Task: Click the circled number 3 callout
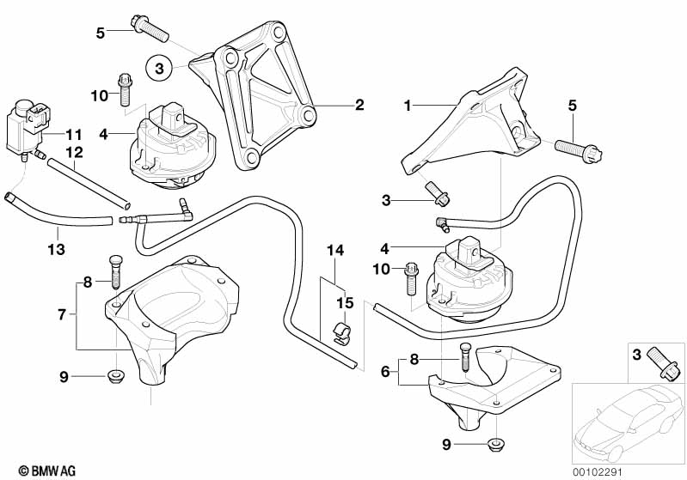[x=158, y=66]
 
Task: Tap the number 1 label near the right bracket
[x=409, y=106]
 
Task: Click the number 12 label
[x=75, y=152]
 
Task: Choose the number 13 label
[x=58, y=232]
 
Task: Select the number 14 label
[x=334, y=251]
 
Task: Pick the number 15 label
[x=344, y=303]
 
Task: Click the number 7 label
[x=62, y=315]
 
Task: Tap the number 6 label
[x=386, y=372]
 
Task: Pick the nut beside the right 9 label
[x=494, y=444]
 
